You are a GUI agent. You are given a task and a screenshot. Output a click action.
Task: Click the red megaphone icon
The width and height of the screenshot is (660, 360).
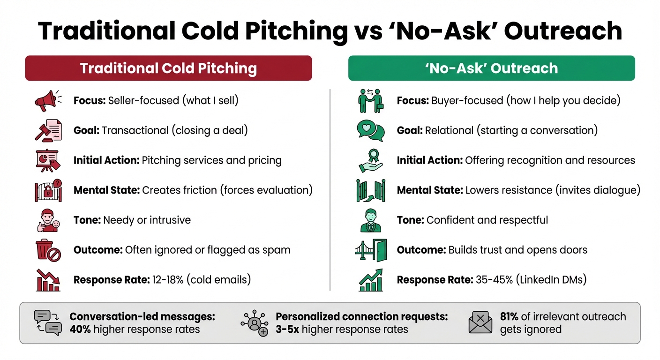(48, 100)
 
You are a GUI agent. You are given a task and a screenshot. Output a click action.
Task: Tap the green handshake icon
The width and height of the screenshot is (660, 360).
(370, 100)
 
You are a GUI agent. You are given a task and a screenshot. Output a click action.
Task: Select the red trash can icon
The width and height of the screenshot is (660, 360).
(48, 250)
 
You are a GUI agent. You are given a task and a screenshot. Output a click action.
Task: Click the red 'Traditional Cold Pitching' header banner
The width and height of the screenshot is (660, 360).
(168, 68)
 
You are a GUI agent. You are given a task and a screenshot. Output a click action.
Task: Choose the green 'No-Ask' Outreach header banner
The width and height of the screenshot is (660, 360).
(491, 68)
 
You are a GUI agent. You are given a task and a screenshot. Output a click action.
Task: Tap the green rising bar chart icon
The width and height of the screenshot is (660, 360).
(370, 280)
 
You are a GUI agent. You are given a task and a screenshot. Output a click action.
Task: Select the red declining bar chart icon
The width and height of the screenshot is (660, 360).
(48, 280)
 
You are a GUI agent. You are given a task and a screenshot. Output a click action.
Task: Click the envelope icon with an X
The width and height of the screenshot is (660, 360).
(480, 322)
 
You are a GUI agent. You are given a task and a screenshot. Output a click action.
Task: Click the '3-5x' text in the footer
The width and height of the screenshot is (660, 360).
(287, 329)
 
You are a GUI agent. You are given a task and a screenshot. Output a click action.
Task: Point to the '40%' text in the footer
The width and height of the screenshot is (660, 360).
(80, 329)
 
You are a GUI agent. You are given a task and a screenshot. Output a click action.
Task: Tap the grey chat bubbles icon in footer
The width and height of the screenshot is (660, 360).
(48, 322)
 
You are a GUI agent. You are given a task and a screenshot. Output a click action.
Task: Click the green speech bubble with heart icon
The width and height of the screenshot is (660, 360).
(370, 130)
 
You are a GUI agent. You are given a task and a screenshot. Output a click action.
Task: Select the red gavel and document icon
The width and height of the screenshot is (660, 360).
(48, 130)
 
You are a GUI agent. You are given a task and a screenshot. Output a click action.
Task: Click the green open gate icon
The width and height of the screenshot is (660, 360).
(370, 190)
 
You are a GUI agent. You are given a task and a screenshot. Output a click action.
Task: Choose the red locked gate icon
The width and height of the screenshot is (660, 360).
(48, 190)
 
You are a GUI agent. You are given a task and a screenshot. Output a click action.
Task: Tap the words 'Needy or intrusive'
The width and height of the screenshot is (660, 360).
(147, 220)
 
